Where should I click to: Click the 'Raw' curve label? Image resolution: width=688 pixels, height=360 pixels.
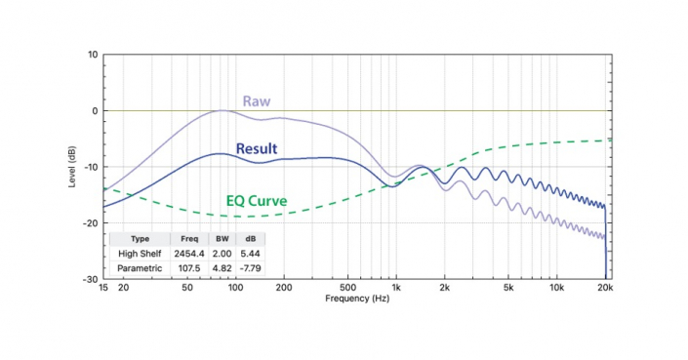257,100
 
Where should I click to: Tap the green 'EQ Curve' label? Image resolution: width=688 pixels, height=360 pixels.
257,201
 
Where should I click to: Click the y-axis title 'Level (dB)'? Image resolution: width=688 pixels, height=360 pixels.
73,167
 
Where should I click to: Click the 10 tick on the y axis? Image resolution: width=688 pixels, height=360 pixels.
93,55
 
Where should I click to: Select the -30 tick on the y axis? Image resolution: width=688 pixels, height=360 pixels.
91,279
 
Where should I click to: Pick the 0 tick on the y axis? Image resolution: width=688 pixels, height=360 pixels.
95,111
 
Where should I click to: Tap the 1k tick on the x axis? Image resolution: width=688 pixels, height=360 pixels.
395,288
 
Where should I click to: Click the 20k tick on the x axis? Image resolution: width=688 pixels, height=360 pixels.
605,288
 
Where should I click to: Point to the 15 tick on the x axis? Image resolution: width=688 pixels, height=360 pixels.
103,288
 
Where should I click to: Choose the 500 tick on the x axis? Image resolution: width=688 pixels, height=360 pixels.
347,288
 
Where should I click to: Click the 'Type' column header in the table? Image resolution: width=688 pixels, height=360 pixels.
140,238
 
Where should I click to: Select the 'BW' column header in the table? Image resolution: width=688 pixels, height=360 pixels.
222,238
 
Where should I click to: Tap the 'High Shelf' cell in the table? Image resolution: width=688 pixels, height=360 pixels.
140,253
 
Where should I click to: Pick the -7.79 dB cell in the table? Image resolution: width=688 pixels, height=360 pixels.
250,267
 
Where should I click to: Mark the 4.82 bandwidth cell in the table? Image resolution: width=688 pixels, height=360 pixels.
222,267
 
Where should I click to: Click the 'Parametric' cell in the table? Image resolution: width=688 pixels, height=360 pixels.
140,267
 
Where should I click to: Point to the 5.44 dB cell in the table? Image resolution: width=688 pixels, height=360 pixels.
250,253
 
